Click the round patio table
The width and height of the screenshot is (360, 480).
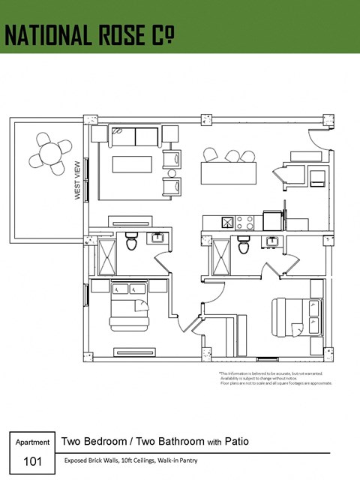click(50, 154)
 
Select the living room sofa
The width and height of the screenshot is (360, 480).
click(135, 136)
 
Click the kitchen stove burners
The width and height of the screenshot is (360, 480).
click(244, 222)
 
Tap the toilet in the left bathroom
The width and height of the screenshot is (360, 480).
click(132, 242)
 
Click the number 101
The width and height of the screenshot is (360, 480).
click(32, 460)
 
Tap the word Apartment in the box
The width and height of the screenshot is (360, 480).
click(32, 442)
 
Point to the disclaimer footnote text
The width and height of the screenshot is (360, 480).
click(274, 378)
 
